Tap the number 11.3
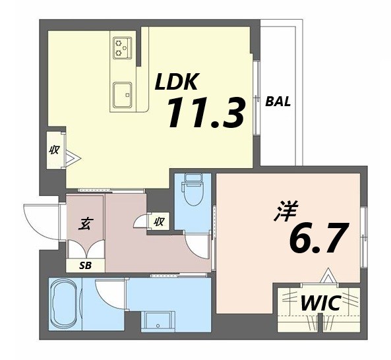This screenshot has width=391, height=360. click(205, 113)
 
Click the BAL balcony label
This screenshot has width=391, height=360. click(278, 102)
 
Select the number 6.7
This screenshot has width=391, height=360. click(316, 239)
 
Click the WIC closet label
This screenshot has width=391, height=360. click(320, 304)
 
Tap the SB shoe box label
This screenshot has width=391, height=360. click(85, 266)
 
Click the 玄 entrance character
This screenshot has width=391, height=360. click(85, 224)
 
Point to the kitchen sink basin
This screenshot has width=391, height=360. click(123, 94)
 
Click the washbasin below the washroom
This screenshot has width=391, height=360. click(158, 321)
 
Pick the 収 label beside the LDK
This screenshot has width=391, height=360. click(55, 150)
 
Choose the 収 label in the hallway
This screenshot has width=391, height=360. click(159, 222)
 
